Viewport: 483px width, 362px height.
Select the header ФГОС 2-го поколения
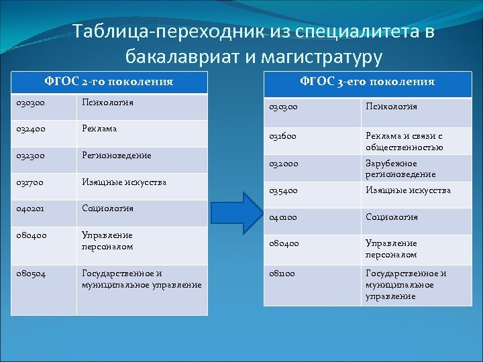point(108,82)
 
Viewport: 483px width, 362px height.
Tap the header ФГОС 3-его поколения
point(367,82)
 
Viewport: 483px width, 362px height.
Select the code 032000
point(284,164)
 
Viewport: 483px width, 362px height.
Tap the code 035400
point(284,190)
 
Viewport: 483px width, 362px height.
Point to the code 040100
point(284,217)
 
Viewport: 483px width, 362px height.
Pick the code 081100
point(284,274)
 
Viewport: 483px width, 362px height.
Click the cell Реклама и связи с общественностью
point(404,141)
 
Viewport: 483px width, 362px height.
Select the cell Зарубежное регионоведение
point(400,169)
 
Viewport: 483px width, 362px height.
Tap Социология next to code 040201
point(107,208)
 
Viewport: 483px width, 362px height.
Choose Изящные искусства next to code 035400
point(408,190)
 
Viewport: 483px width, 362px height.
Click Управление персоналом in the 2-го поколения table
point(107,241)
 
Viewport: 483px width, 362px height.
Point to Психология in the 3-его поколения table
point(391,107)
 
